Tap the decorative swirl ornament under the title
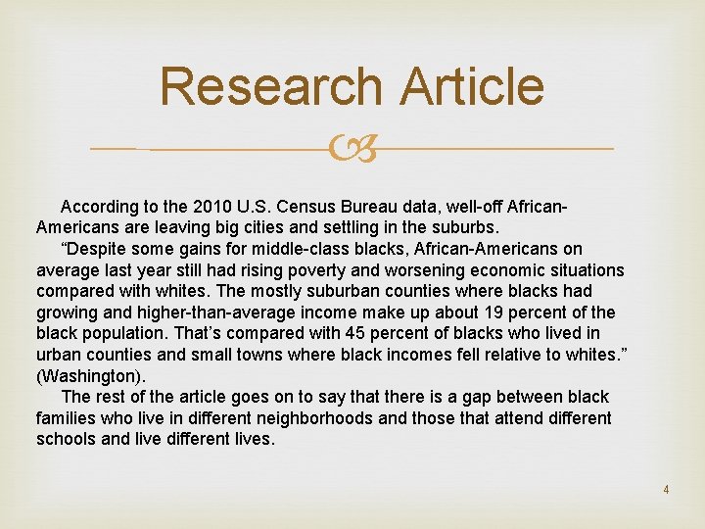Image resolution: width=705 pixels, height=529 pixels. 352,150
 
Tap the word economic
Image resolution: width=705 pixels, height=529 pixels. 506,269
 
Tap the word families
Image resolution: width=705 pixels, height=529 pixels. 68,418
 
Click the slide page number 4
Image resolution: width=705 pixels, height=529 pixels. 666,489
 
